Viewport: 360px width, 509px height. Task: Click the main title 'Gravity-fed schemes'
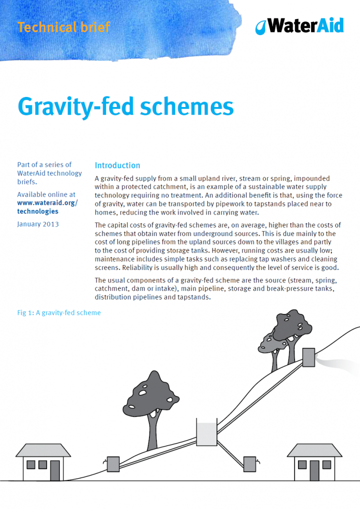coord(125,106)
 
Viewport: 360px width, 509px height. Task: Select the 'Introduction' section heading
coord(117,165)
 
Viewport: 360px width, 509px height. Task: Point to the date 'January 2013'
coord(38,224)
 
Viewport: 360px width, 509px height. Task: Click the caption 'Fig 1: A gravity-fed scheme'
coord(59,312)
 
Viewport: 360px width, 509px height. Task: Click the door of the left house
coord(54,470)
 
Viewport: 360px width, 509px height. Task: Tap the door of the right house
coord(314,470)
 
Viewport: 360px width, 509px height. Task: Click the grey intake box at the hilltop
coord(308,356)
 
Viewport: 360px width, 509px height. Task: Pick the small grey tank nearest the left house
coord(113,463)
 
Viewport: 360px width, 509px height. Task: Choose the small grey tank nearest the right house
coord(249,463)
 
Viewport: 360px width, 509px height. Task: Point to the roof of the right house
coord(313,450)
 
